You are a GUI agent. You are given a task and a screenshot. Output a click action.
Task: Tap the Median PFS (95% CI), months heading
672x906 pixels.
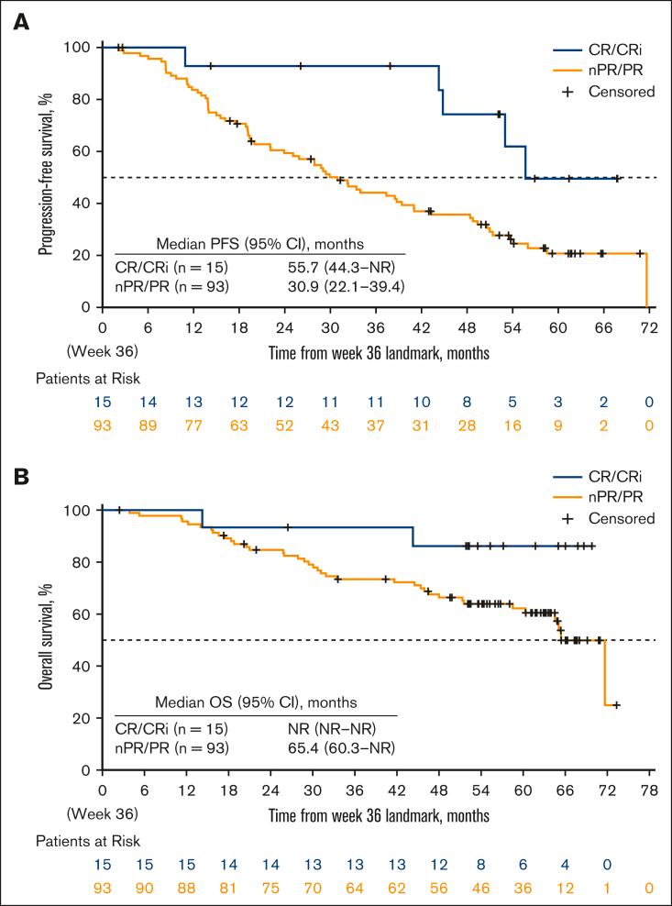(259, 244)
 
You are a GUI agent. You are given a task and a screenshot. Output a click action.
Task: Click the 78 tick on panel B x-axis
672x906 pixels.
(647, 789)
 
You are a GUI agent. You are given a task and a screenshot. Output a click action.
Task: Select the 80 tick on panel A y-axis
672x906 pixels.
(83, 99)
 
